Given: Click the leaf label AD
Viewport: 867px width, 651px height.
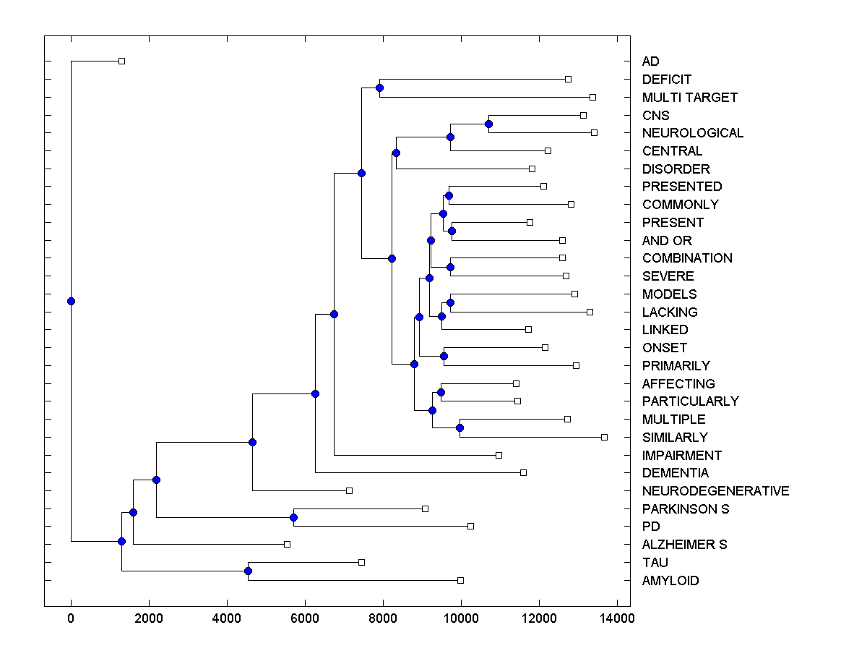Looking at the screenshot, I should point(650,61).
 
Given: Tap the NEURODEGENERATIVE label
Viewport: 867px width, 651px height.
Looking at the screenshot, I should point(715,491).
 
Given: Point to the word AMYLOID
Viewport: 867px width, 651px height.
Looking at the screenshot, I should point(670,581).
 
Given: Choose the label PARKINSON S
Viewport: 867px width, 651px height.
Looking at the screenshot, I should point(685,509).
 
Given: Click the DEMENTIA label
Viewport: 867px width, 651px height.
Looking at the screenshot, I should point(675,473).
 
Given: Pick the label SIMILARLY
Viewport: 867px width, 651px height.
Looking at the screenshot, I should point(674,438).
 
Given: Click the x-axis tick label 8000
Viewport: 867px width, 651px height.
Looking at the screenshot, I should point(383,618).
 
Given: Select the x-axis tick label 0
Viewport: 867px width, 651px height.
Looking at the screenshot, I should point(71,618).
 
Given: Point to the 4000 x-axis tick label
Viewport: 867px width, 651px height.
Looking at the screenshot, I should point(227,618).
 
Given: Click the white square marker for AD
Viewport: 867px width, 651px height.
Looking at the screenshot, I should point(121,61).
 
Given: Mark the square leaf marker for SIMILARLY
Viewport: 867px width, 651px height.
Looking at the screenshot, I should point(604,437).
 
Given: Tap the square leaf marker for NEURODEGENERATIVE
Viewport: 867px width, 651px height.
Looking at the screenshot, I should point(349,490).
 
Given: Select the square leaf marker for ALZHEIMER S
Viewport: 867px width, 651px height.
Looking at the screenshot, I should point(287,544).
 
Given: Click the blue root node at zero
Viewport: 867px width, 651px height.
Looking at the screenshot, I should point(71,302).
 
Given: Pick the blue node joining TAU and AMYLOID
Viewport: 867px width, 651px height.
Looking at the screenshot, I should point(248,571).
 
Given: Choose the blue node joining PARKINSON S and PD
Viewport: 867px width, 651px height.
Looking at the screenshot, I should point(293,517).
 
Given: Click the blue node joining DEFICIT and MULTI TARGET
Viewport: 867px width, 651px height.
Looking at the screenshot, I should point(379,88).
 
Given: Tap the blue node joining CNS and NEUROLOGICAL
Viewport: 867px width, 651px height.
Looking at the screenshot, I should point(488,124).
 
